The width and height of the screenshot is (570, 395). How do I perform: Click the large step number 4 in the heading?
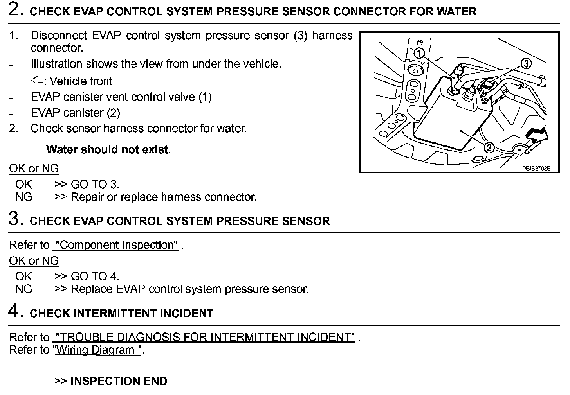(14, 311)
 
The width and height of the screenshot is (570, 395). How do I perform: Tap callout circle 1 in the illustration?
(419, 53)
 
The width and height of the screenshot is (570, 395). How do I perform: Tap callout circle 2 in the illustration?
(489, 147)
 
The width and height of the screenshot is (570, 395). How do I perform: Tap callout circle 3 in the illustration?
(526, 63)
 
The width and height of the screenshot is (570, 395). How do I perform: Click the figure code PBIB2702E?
(536, 169)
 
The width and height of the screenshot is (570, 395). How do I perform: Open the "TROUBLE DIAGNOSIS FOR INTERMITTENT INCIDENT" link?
(205, 337)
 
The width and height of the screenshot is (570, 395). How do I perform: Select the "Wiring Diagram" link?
(98, 350)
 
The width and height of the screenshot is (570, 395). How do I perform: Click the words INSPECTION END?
(119, 381)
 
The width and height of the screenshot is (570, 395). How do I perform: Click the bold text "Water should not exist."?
(108, 149)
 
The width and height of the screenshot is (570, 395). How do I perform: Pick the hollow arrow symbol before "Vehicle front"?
(37, 81)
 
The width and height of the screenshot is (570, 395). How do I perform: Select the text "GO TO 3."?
(95, 184)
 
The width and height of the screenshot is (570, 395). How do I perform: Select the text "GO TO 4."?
(95, 276)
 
